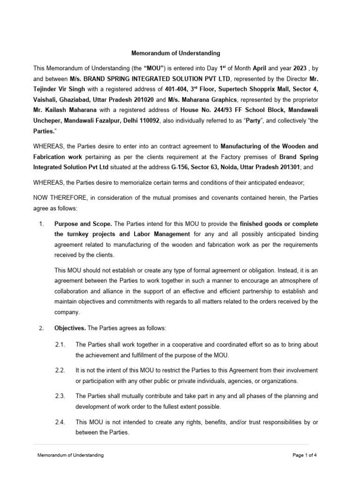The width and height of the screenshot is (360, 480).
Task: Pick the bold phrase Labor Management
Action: pyautogui.click(x=162, y=233)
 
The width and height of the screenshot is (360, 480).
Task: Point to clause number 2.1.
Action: pyautogui.click(x=60, y=345)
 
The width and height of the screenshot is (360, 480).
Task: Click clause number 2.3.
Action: pyautogui.click(x=60, y=396)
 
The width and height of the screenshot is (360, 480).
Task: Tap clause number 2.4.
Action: pyautogui.click(x=60, y=422)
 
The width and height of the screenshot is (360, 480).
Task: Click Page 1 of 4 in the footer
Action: pyautogui.click(x=307, y=455)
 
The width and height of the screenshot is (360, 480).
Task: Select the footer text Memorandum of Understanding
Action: pyautogui.click(x=71, y=455)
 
